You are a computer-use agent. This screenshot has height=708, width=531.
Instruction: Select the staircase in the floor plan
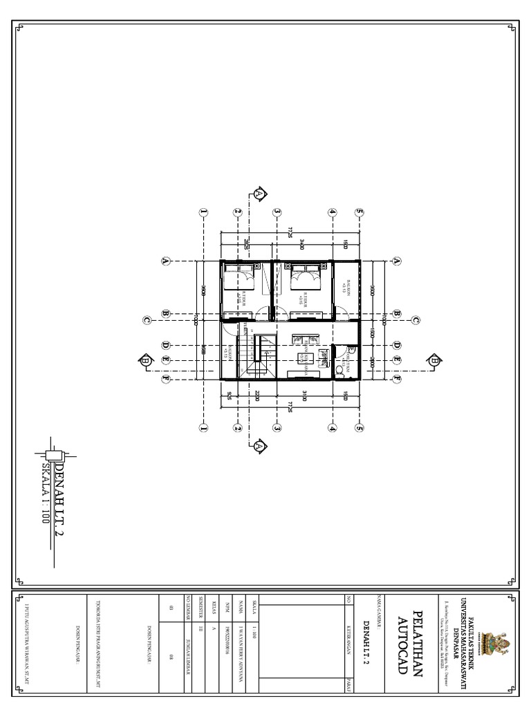point(264,357)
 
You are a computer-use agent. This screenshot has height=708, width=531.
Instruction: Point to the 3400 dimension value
point(302,244)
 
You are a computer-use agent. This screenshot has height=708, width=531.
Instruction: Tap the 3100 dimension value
point(303,396)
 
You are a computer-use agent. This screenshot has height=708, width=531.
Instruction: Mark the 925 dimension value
point(229,396)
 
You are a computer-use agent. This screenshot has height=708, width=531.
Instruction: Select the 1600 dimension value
point(371,333)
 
